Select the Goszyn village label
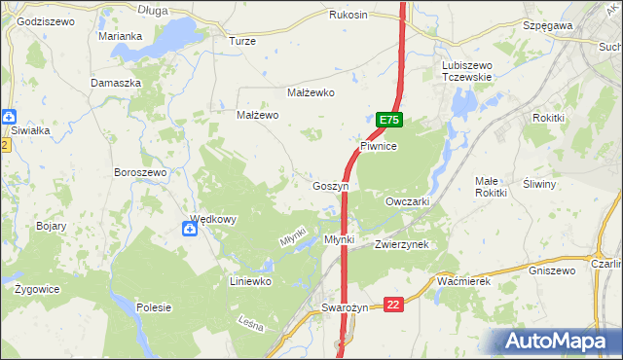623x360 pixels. pyautogui.click(x=331, y=185)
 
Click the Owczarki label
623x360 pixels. pyautogui.click(x=407, y=201)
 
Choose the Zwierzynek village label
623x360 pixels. pyautogui.click(x=401, y=244)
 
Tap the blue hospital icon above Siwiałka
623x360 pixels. pyautogui.click(x=7, y=115)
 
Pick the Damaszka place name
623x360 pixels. pyautogui.click(x=116, y=83)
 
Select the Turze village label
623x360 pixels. pyautogui.click(x=241, y=41)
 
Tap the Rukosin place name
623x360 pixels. pyautogui.click(x=348, y=15)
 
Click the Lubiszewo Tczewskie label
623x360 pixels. pyautogui.click(x=467, y=71)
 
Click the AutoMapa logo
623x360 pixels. pyautogui.click(x=561, y=341)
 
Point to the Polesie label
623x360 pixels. pyautogui.click(x=154, y=307)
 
